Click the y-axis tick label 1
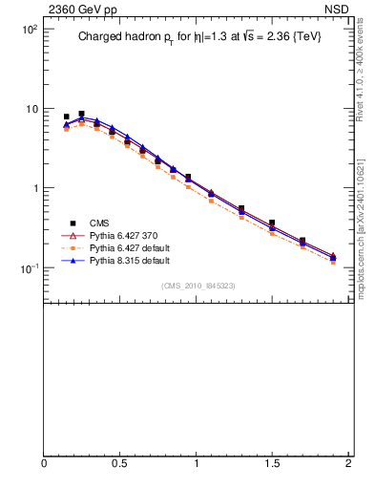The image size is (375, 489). [33, 188]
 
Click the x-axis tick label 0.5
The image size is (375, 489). [120, 463]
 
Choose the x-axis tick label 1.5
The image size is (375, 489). [272, 463]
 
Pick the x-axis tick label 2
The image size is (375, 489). [348, 463]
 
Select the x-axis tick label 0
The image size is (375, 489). [44, 463]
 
